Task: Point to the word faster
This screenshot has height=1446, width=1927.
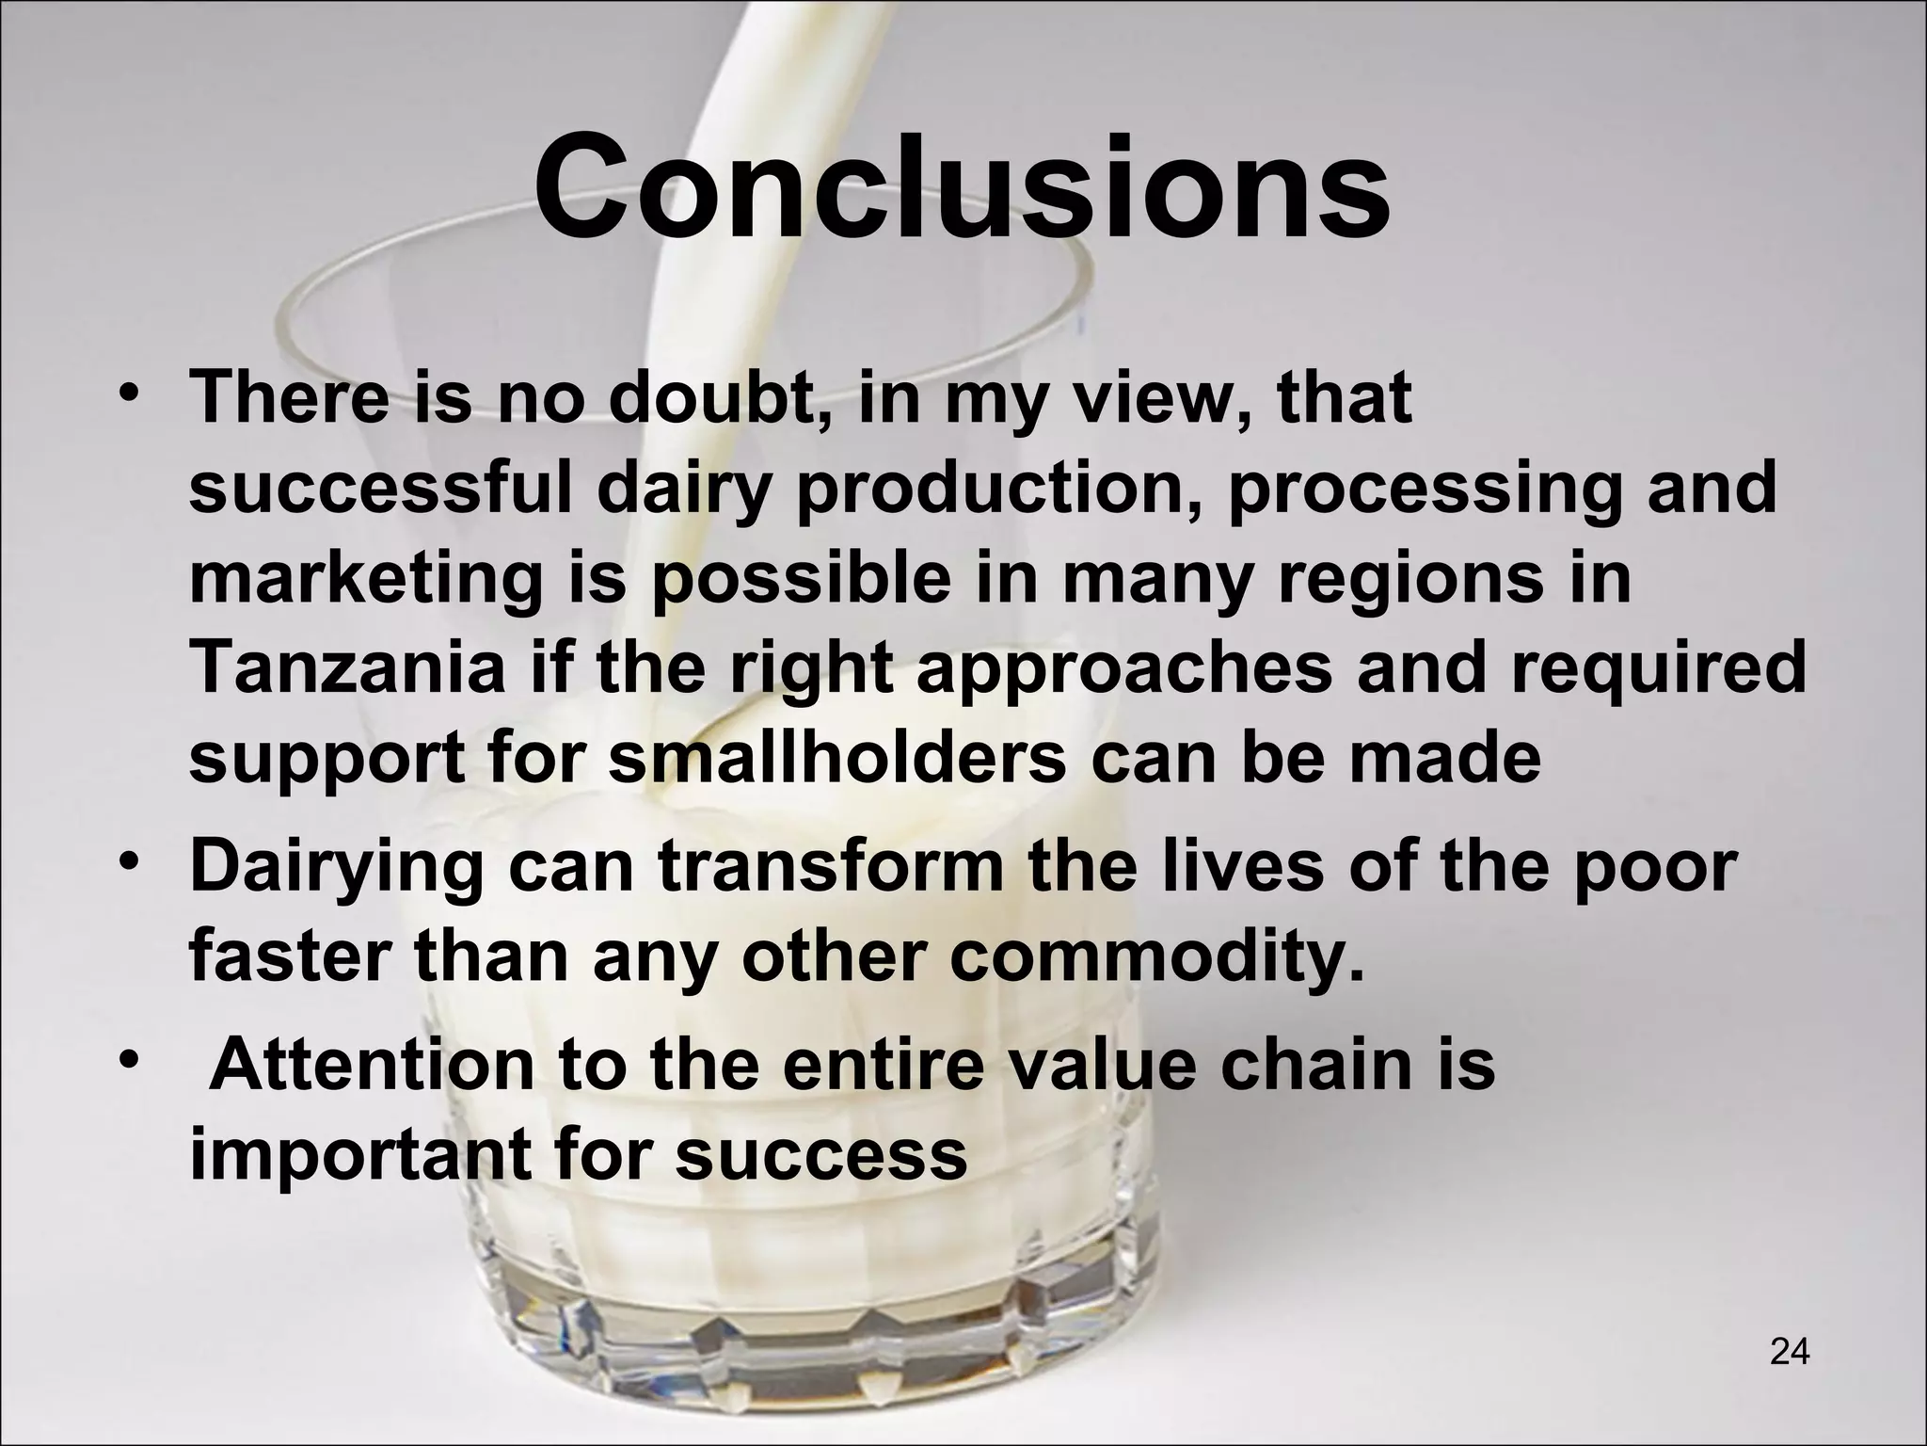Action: click(x=288, y=956)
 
